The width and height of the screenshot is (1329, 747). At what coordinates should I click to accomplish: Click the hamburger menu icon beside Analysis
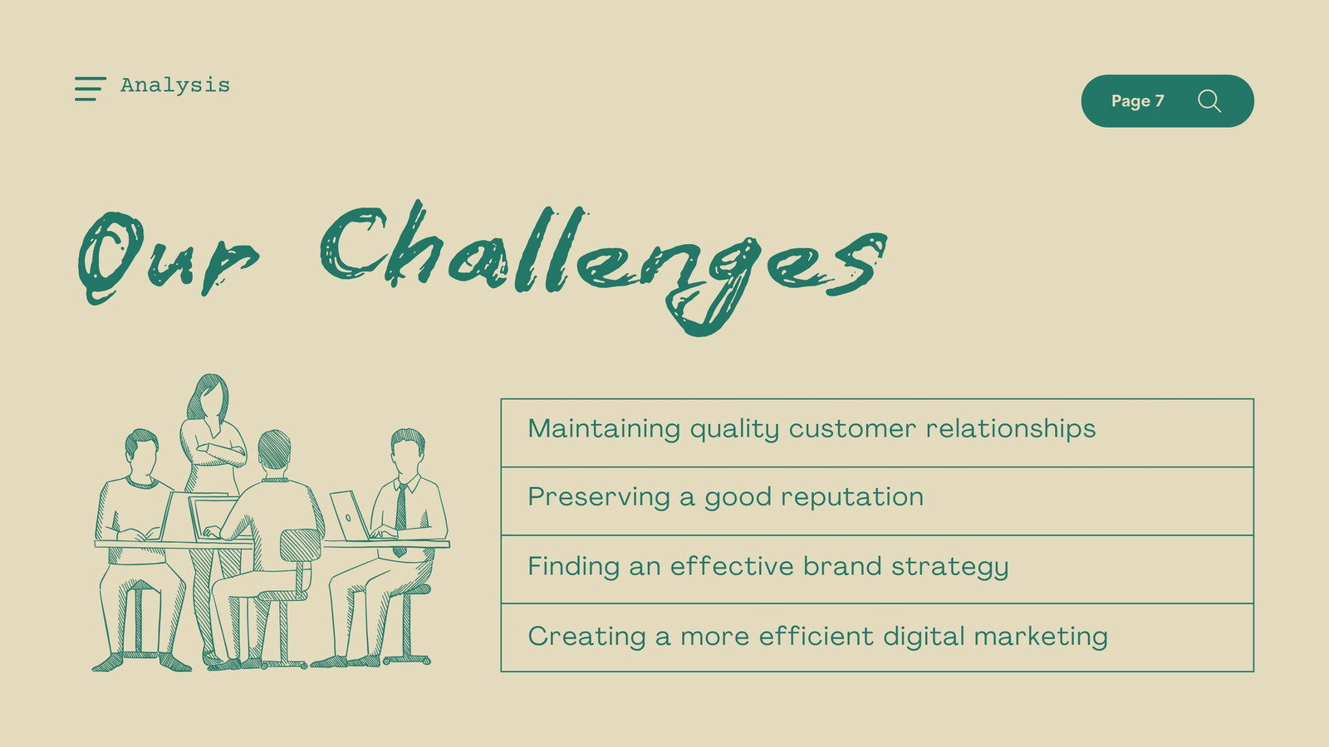91,88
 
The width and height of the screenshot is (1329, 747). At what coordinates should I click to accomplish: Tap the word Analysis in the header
175,85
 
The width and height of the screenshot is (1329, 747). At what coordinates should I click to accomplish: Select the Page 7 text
1137,100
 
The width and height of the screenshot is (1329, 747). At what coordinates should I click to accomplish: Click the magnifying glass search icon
1209,100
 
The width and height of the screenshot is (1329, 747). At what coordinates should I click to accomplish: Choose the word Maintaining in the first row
604,428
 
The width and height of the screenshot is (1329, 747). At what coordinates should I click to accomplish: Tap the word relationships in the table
1010,428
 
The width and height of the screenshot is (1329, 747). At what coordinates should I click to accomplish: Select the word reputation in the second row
852,497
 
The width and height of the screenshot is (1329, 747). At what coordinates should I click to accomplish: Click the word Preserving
599,497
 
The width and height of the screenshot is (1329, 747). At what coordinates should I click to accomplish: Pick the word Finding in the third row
573,565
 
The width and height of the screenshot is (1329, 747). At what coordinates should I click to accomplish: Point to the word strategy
950,566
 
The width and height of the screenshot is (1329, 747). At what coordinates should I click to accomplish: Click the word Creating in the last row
586,636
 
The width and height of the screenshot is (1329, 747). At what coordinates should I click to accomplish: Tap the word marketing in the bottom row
1041,636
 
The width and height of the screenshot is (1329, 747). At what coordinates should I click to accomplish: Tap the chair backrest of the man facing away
300,546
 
